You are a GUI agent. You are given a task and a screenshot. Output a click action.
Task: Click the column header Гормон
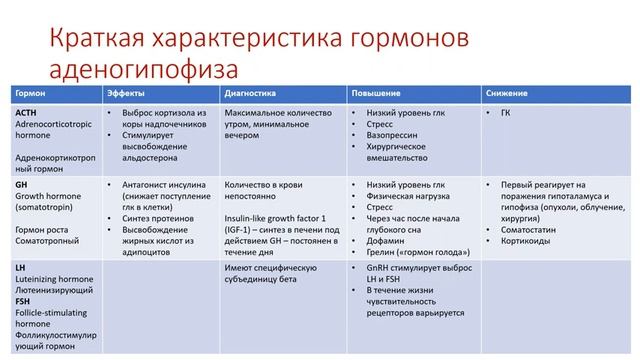pos(30,92)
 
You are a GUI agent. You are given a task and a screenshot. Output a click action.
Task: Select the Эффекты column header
pos(125,92)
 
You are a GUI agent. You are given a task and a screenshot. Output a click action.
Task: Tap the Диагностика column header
pos(249,92)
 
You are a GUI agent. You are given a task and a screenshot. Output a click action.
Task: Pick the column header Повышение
pos(372,92)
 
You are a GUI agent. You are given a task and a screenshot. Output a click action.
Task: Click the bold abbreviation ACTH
pos(27,113)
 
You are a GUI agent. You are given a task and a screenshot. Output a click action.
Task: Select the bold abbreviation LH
pos(20,269)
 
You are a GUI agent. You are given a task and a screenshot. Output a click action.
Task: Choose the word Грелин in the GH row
pos(380,254)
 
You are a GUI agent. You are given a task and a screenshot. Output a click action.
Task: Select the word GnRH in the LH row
pos(379,268)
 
